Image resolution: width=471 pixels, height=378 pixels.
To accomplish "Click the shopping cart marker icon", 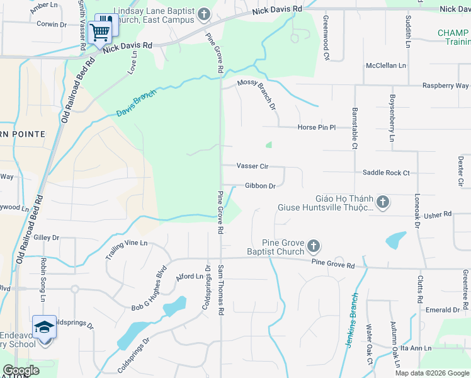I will coord(100,31).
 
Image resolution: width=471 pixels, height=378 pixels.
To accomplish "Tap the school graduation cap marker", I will coord(44,327).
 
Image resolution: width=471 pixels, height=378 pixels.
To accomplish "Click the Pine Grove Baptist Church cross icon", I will coord(314,246).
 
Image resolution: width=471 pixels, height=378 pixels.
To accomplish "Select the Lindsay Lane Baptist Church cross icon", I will coord(203,14).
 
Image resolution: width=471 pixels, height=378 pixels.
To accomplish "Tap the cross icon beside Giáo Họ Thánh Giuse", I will coord(383,202).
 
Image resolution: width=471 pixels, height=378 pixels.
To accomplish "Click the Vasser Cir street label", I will coord(253,166).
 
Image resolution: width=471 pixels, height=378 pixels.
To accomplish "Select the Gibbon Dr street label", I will coord(260,186).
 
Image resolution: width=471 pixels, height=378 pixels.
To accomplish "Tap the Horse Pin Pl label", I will coord(317,127).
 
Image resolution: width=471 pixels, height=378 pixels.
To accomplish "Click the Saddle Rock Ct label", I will coord(386,173).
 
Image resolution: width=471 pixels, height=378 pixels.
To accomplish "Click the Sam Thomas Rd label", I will coord(221,290).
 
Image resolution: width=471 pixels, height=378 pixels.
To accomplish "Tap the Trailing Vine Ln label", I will coord(126,250).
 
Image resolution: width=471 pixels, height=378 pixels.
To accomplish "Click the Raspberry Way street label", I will coord(445,86).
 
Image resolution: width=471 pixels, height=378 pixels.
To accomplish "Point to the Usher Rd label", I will coord(438,214).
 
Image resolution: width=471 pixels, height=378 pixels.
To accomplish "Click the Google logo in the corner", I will coord(21,370).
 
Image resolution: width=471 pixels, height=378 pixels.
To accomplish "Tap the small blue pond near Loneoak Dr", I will coord(395,239).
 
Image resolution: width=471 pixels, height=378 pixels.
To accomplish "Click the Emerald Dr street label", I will coord(442,310).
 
